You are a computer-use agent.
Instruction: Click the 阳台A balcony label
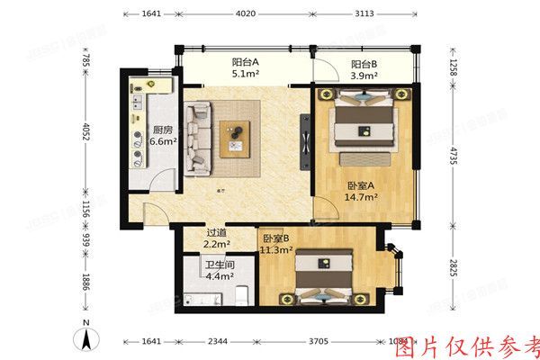click(245, 62)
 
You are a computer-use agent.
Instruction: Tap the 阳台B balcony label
click(364, 64)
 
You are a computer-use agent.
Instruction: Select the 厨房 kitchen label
click(163, 129)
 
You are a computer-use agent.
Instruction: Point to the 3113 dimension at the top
click(364, 14)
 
